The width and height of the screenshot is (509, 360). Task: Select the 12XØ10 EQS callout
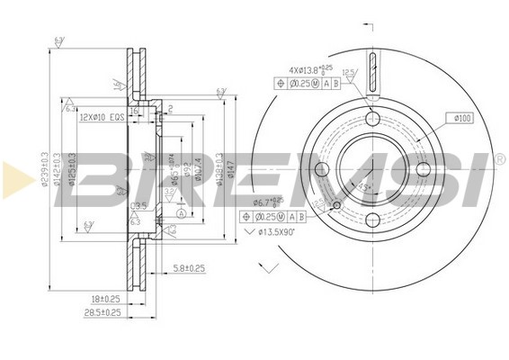click(x=103, y=117)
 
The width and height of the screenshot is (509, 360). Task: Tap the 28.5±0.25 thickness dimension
click(x=105, y=312)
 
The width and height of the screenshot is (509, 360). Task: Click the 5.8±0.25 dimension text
click(x=190, y=267)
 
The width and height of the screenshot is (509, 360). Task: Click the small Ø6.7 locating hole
click(x=335, y=205)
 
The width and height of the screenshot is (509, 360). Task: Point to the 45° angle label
click(x=365, y=186)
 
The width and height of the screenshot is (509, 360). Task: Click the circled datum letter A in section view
click(x=180, y=213)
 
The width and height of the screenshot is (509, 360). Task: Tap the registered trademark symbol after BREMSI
click(x=499, y=158)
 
